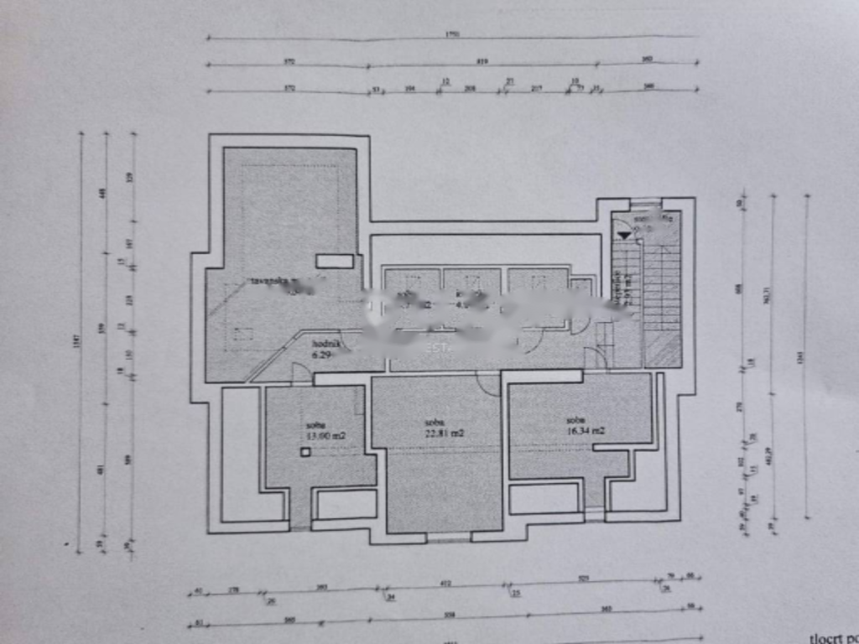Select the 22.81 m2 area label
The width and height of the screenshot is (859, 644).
pyautogui.click(x=445, y=433)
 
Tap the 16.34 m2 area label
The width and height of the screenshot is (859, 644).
pyautogui.click(x=586, y=430)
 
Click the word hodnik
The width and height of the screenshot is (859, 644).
pyautogui.click(x=325, y=344)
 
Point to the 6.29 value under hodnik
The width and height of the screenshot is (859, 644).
pyautogui.click(x=322, y=356)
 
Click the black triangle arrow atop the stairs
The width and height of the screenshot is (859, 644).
pyautogui.click(x=623, y=236)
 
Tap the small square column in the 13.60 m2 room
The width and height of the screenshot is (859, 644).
pyautogui.click(x=305, y=452)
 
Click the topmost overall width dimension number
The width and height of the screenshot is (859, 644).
pyautogui.click(x=452, y=34)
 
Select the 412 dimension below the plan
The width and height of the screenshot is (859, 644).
pyautogui.click(x=445, y=582)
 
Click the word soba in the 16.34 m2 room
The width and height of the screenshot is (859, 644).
pyautogui.click(x=575, y=420)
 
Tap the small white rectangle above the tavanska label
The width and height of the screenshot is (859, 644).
pyautogui.click(x=335, y=261)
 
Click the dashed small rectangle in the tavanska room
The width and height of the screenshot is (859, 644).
pyautogui.click(x=244, y=333)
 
